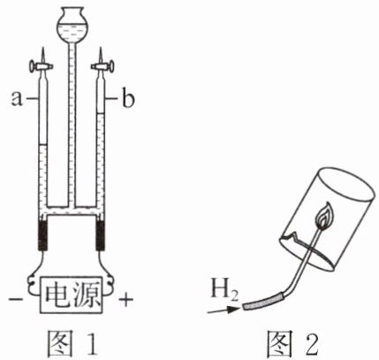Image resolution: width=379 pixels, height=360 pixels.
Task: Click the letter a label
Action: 17,99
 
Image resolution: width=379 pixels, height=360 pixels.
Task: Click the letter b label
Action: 128,99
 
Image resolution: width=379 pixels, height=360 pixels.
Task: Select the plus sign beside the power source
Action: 125,300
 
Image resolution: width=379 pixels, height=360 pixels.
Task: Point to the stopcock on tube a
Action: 42,66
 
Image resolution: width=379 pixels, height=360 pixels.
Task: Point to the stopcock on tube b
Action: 102,67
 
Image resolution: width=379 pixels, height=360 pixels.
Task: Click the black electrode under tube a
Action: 43,235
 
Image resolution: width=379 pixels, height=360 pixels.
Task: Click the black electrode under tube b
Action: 101,235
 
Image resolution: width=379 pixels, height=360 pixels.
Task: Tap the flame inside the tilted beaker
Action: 323,217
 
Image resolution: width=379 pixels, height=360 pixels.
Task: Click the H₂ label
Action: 224,290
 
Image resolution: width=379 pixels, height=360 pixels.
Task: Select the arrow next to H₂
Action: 223,310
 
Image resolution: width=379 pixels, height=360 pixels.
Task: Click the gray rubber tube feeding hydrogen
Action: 263,302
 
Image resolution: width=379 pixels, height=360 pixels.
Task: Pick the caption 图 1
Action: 72,342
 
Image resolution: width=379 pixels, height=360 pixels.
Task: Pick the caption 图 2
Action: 292,342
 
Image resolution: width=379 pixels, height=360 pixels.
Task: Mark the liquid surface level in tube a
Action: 43,145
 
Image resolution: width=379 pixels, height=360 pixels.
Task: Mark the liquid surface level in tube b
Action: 101,112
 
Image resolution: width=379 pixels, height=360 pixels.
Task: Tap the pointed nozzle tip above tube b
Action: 101,48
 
